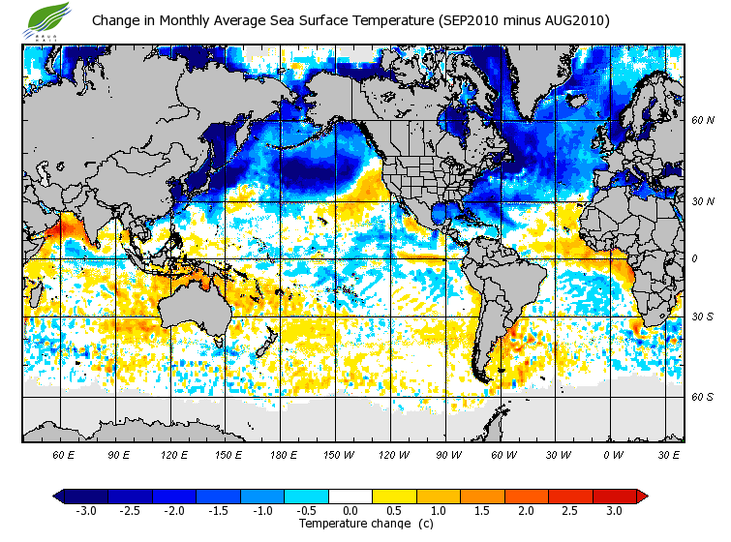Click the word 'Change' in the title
coord(116,20)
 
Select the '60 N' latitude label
coord(703,121)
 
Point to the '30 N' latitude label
coord(703,202)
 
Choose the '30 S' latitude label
coord(703,317)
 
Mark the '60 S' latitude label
coord(703,397)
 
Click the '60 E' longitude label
coord(64,454)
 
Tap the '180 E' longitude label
coord(283,454)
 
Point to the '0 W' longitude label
coord(613,454)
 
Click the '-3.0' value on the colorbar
coord(85,510)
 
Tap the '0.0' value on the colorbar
coord(350,510)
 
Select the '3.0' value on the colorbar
coord(614,510)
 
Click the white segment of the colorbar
coord(350,497)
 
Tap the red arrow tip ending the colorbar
coord(641,497)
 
